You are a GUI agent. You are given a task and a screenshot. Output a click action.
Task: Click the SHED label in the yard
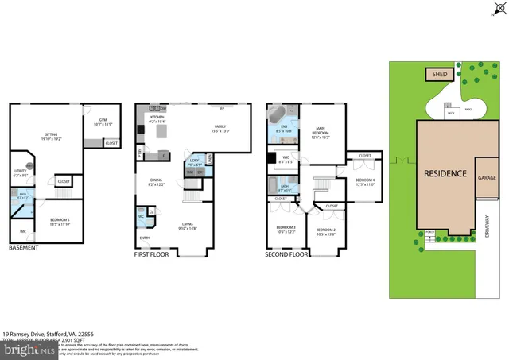click(440, 75)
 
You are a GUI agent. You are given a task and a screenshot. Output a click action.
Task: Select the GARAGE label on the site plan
click(487, 179)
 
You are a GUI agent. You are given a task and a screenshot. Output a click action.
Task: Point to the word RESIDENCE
click(445, 173)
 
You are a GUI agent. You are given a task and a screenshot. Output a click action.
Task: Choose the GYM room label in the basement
click(103, 122)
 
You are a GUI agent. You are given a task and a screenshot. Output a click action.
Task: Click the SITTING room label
click(51, 136)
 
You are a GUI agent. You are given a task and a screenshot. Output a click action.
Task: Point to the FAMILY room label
click(220, 127)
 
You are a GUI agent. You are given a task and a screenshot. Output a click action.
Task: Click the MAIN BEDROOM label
click(321, 130)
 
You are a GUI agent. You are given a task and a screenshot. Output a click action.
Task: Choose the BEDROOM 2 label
click(325, 231)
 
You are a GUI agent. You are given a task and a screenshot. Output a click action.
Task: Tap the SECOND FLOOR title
click(288, 255)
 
